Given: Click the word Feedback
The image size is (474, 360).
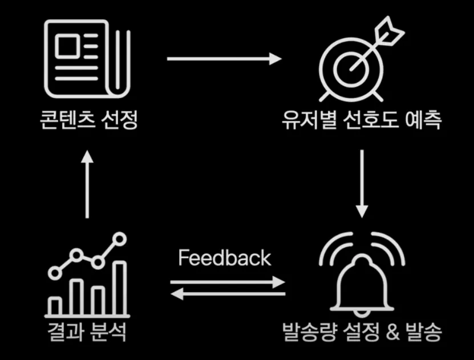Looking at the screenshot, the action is [224, 258].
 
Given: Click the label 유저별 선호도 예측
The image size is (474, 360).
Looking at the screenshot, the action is [362, 122].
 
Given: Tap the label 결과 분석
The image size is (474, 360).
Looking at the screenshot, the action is [87, 331].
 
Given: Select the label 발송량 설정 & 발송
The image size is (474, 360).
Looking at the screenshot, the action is [362, 331].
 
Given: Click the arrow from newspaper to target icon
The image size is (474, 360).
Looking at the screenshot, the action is [224, 58].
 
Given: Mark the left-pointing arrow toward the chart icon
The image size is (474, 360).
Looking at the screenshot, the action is [228, 294].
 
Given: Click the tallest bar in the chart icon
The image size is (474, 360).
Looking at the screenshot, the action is [120, 288].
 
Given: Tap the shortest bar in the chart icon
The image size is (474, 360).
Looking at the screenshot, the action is [55, 306].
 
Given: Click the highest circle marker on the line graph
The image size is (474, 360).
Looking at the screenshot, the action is [120, 238].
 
